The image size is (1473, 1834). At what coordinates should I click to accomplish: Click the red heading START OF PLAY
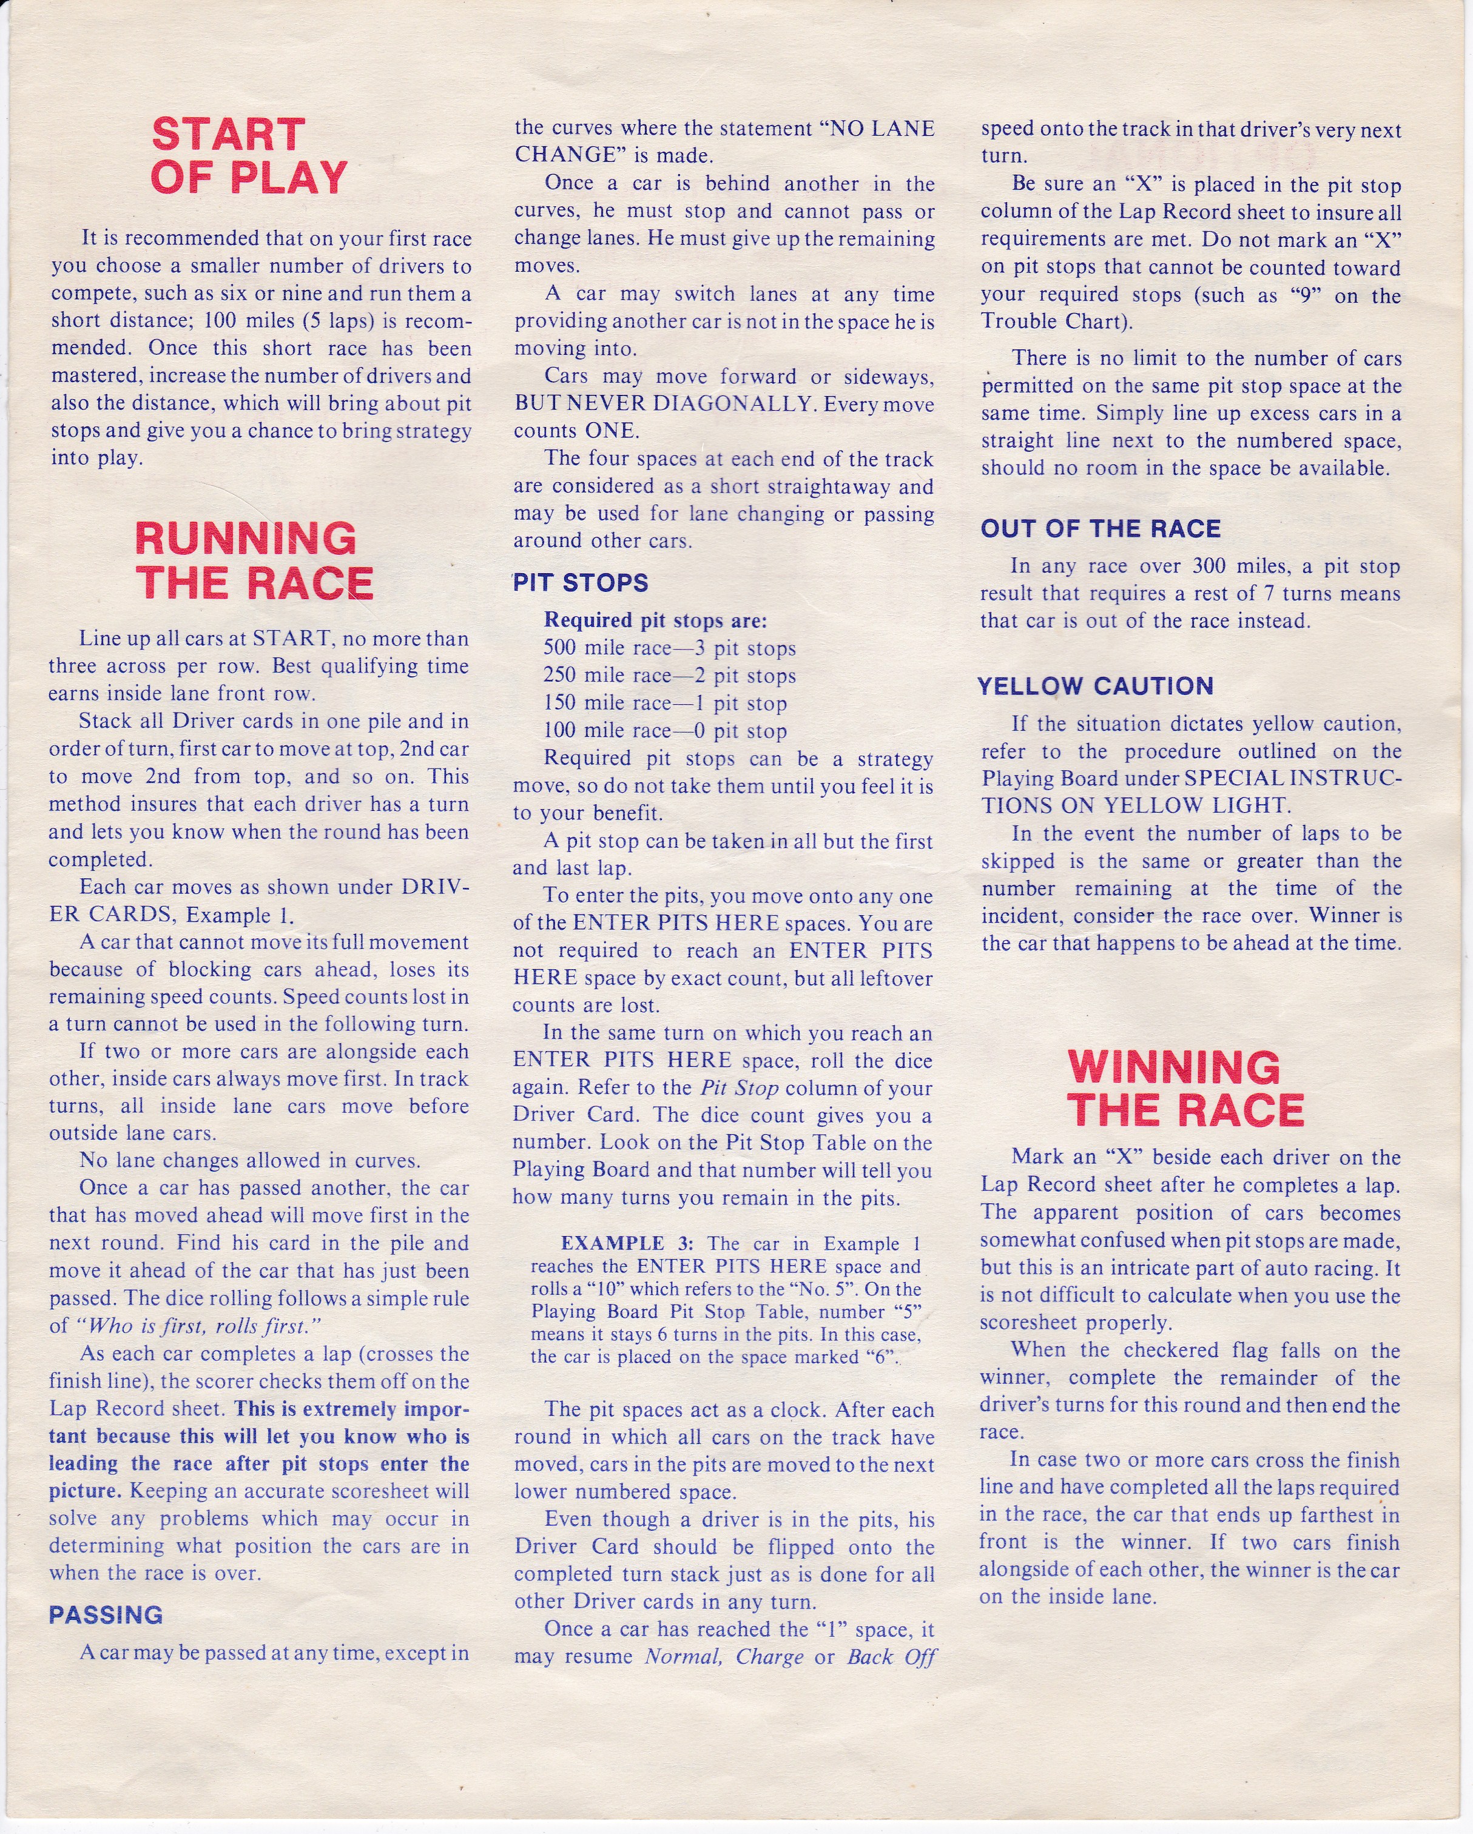coord(249,156)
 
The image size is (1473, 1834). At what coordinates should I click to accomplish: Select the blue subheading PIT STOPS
coord(581,583)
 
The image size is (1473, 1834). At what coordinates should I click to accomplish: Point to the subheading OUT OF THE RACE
coord(1101,528)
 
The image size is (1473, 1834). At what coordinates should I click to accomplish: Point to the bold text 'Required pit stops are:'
coord(655,620)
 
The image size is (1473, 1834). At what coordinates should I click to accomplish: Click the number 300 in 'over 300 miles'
coord(1220,566)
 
